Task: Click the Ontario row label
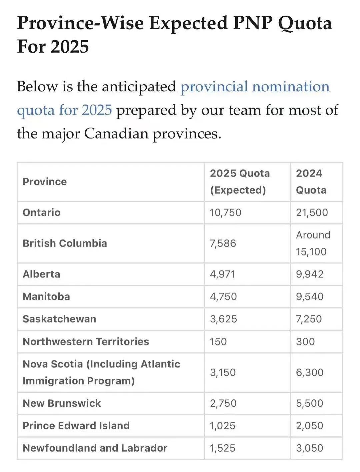point(42,213)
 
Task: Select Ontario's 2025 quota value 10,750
point(225,213)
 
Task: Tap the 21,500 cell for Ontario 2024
point(312,213)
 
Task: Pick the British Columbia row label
point(65,243)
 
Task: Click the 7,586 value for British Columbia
point(223,243)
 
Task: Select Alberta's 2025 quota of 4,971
point(222,274)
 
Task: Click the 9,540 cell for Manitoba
point(310,296)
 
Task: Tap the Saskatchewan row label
point(59,319)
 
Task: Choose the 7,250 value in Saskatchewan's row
point(309,319)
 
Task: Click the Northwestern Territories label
point(86,341)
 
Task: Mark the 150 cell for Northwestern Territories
point(218,341)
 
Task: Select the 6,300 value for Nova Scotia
point(309,372)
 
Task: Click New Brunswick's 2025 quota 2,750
point(223,403)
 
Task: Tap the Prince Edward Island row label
point(76,425)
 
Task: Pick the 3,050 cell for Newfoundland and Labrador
point(309,448)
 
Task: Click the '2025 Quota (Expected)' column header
point(240,182)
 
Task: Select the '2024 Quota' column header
point(311,182)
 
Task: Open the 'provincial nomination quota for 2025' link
point(255,87)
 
